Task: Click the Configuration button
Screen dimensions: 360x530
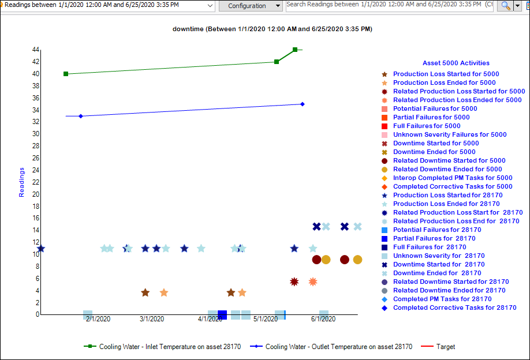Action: point(247,6)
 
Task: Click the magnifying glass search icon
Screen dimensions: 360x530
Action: point(505,6)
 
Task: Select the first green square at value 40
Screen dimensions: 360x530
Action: point(66,74)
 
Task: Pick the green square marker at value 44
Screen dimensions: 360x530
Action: point(295,50)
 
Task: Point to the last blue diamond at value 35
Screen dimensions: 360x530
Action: point(303,104)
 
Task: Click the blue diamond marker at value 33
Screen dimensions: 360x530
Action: point(81,116)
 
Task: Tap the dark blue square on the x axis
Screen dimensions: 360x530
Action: point(222,314)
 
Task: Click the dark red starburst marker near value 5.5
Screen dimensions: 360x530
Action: point(294,282)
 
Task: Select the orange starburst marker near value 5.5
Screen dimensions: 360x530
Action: point(313,282)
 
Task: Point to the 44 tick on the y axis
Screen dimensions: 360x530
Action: point(36,50)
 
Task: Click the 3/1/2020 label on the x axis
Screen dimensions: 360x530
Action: point(152,319)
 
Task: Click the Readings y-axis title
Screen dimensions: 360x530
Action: point(22,182)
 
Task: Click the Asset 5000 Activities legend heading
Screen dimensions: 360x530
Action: point(456,63)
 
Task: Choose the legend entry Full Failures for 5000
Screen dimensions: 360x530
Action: point(427,126)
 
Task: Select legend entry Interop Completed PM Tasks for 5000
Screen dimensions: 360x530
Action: point(453,178)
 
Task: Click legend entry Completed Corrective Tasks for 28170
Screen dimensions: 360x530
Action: point(454,307)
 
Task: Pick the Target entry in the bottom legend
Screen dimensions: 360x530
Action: point(445,347)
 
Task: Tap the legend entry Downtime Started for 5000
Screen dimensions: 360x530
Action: point(436,143)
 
